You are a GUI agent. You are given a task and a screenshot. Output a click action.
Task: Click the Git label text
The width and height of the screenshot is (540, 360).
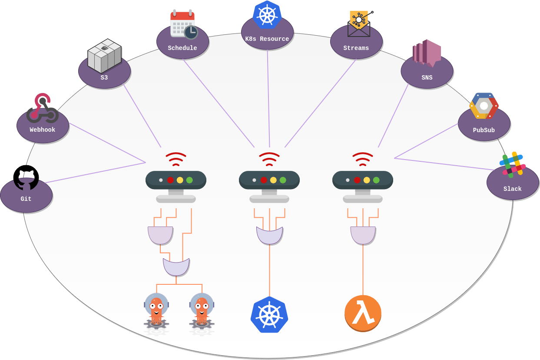[x=26, y=199]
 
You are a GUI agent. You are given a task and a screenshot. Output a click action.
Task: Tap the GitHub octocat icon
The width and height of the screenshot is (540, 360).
[x=26, y=177]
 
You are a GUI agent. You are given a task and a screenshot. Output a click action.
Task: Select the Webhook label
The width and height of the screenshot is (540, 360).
[x=43, y=130]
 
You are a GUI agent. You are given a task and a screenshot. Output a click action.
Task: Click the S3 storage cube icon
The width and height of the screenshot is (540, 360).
[x=104, y=56]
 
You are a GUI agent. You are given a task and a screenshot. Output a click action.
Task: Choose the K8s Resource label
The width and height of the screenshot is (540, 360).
[x=267, y=39]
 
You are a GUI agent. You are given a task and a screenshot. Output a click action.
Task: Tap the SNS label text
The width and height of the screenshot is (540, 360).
[x=427, y=78]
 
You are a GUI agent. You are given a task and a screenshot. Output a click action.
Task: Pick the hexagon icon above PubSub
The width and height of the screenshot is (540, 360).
[x=484, y=106]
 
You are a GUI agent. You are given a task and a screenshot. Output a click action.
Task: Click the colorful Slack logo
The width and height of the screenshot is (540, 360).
[x=513, y=164]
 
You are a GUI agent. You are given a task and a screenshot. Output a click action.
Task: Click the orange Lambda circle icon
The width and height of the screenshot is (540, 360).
[x=363, y=313]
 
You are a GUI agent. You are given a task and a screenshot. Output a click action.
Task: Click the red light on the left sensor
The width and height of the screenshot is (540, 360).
[x=170, y=180]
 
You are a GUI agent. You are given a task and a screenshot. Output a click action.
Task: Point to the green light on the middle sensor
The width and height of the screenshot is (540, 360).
[x=283, y=180]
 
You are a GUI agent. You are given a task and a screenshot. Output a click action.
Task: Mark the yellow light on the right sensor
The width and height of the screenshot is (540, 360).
[x=367, y=180]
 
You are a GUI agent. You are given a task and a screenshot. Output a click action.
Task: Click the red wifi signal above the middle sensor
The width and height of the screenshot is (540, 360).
[x=269, y=159]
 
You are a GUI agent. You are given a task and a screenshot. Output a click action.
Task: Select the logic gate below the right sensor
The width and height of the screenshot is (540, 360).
[x=363, y=235]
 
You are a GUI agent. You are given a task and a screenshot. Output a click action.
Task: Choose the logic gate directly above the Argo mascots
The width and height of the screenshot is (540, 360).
[x=176, y=267]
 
